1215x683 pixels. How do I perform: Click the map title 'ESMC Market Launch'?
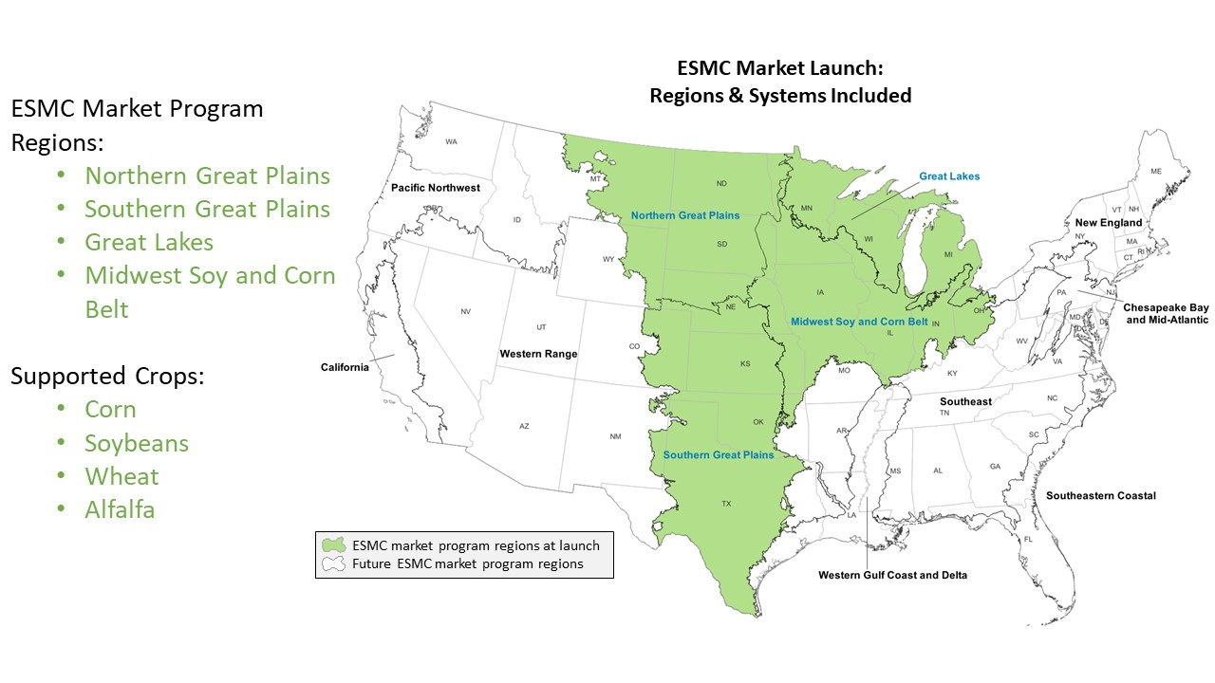pyautogui.click(x=779, y=69)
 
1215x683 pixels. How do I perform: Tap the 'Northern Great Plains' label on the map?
pyautogui.click(x=684, y=215)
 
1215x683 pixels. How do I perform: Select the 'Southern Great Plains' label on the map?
pyautogui.click(x=718, y=455)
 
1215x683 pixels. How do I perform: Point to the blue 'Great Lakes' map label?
pyautogui.click(x=949, y=176)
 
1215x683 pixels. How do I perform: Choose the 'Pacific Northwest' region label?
pyautogui.click(x=436, y=188)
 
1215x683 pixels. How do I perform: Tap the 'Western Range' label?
pyautogui.click(x=538, y=354)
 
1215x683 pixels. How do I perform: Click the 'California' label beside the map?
pyautogui.click(x=345, y=368)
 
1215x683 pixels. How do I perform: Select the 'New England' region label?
pyautogui.click(x=1109, y=223)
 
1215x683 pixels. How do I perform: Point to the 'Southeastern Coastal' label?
pyautogui.click(x=1100, y=496)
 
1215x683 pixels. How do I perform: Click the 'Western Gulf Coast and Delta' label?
pyautogui.click(x=892, y=575)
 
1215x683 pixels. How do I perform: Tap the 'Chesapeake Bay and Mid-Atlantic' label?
pyautogui.click(x=1166, y=314)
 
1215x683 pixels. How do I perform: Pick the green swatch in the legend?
pyautogui.click(x=334, y=546)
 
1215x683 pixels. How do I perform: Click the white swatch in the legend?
pyautogui.click(x=334, y=564)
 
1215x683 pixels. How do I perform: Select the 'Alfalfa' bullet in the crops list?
pyautogui.click(x=120, y=510)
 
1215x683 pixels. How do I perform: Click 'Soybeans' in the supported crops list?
pyautogui.click(x=137, y=444)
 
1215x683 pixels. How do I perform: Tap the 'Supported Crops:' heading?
pyautogui.click(x=107, y=376)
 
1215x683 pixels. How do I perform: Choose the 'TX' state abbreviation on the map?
pyautogui.click(x=727, y=504)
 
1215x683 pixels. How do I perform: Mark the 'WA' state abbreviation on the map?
pyautogui.click(x=451, y=142)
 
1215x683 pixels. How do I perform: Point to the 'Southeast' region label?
pyautogui.click(x=965, y=401)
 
